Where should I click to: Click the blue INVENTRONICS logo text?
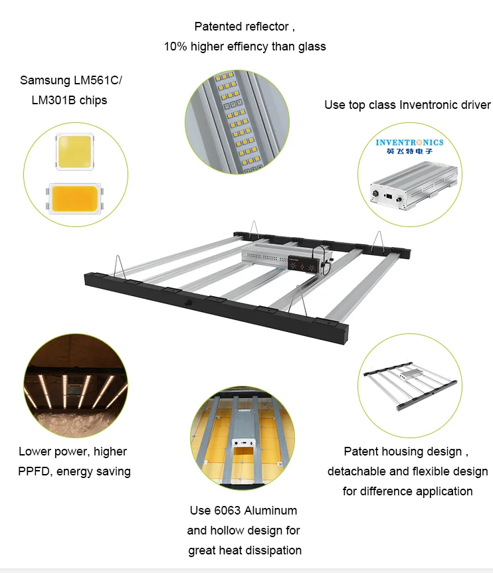pyautogui.click(x=409, y=142)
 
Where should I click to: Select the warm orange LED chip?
pyautogui.click(x=73, y=198)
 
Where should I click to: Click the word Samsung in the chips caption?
pyautogui.click(x=44, y=80)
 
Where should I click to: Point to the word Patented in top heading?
pyautogui.click(x=218, y=27)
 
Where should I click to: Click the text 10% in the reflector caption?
pyautogui.click(x=175, y=46)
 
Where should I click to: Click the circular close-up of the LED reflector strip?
pyautogui.click(x=237, y=124)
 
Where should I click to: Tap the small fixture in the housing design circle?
pyautogui.click(x=409, y=384)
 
